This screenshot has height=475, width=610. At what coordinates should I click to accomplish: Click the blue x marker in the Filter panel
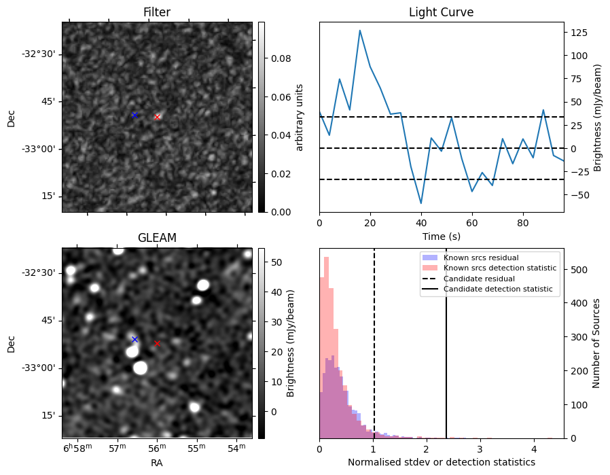(x=134, y=115)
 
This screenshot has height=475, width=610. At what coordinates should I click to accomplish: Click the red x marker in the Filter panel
(x=158, y=117)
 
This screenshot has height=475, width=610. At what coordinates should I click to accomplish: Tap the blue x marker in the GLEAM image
(x=134, y=339)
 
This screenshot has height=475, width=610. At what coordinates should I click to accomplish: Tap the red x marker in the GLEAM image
(x=158, y=343)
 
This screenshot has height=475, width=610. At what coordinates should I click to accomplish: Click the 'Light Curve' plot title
(x=441, y=12)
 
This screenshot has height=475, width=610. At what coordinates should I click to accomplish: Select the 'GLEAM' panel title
(x=157, y=238)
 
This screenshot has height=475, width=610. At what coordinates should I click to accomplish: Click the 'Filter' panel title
(x=157, y=12)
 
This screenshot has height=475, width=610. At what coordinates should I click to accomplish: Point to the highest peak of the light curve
(x=360, y=31)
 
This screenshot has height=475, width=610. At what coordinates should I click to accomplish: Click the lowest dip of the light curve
(x=421, y=203)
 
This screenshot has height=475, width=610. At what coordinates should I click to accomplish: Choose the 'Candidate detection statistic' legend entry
(x=497, y=289)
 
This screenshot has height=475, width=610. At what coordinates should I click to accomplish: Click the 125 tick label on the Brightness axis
(x=579, y=33)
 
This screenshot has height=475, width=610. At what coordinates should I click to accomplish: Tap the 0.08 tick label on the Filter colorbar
(x=281, y=59)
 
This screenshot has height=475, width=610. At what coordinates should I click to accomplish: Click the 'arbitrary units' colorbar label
(x=300, y=117)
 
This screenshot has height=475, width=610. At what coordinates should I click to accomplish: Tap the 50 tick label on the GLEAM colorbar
(x=276, y=262)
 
